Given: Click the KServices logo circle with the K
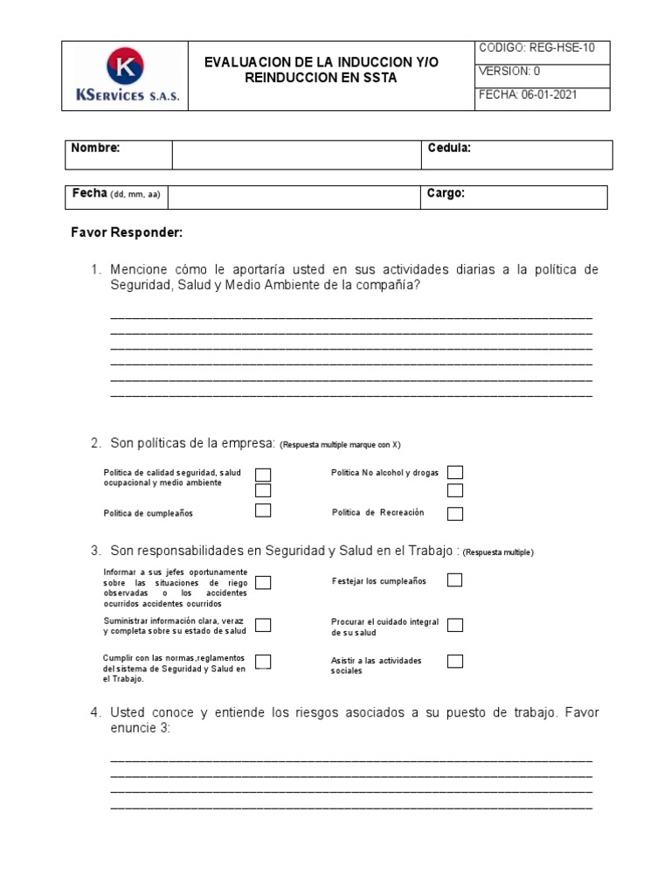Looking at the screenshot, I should (x=125, y=66).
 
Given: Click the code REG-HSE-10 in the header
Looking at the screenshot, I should (x=562, y=48).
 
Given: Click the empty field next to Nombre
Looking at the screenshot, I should (x=296, y=155).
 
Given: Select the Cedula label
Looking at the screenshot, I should (x=449, y=149).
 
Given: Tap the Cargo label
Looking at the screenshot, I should (x=446, y=194).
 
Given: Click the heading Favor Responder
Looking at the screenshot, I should (x=127, y=233).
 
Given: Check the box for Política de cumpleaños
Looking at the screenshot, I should (x=263, y=510).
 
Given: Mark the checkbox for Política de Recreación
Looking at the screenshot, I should (x=455, y=513).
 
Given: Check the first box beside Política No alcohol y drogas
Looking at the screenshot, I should (x=455, y=473).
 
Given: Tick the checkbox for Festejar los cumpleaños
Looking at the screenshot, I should (x=455, y=579).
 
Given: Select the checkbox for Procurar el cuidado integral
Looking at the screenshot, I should (x=455, y=625).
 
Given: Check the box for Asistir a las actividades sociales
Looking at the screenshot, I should (x=455, y=661).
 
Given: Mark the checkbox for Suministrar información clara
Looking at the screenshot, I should (x=263, y=625).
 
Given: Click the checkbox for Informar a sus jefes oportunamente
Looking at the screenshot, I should (x=263, y=582).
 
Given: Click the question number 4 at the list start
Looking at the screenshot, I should (x=95, y=713).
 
